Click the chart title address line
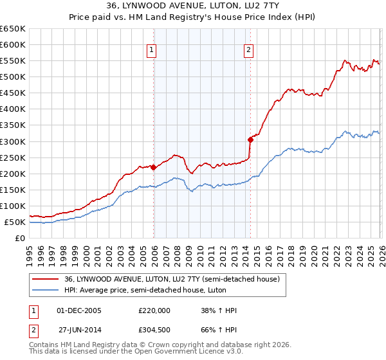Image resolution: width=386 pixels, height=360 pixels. pyautogui.click(x=193, y=6)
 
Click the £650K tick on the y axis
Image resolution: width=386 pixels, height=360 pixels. pyautogui.click(x=13, y=29)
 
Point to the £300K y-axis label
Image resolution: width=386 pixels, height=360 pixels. pyautogui.click(x=13, y=141)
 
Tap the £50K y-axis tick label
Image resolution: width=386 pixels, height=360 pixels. pyautogui.click(x=15, y=222)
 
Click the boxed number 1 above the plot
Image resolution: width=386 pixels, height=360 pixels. pyautogui.click(x=151, y=50)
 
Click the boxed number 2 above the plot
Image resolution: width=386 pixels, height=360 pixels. pyautogui.click(x=248, y=50)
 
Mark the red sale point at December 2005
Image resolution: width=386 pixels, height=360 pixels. pyautogui.click(x=153, y=167)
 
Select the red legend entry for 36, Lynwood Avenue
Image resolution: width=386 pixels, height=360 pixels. pyautogui.click(x=172, y=280)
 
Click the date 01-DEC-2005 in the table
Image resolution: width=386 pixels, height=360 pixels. pyautogui.click(x=79, y=310)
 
